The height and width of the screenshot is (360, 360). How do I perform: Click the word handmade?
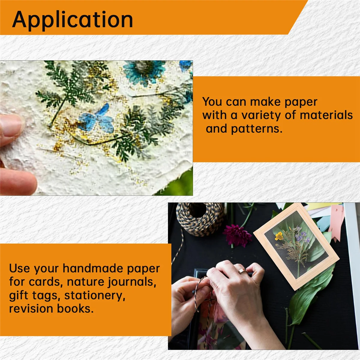click(x=92, y=268)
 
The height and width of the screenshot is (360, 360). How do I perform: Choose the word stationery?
click(x=95, y=296)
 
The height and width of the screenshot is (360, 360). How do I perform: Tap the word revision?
click(x=31, y=309)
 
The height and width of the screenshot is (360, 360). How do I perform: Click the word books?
click(x=75, y=309)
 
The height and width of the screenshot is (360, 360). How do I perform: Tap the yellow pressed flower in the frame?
click(x=279, y=236)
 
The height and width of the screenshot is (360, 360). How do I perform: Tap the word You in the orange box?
click(x=212, y=102)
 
